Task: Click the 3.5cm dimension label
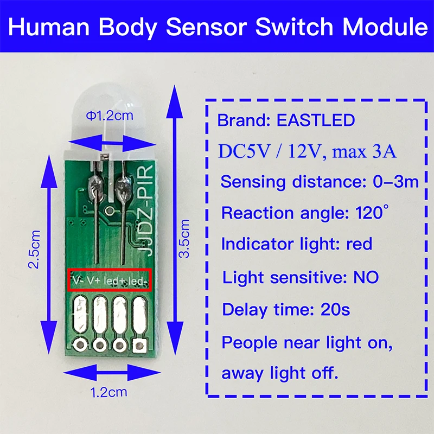click(x=184, y=239)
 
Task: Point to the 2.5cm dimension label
click(x=35, y=250)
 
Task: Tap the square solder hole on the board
click(x=141, y=343)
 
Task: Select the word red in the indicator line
click(x=359, y=244)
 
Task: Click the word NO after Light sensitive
click(x=366, y=278)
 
